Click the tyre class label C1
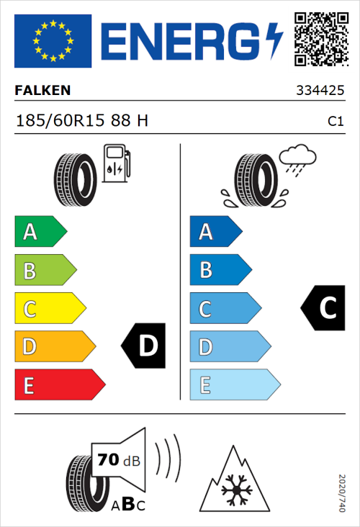tap(335, 122)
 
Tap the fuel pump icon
tap(117, 163)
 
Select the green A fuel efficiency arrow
tap(40, 232)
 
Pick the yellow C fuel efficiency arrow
tap(49, 309)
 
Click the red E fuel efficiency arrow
tap(58, 385)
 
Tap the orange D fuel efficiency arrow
tap(54, 347)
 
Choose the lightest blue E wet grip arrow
tap(234, 385)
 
